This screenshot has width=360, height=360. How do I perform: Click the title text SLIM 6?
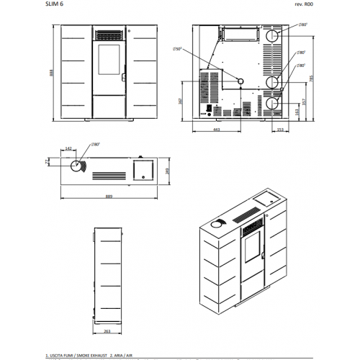(x=53, y=5)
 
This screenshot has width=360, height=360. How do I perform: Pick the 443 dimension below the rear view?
(x=217, y=130)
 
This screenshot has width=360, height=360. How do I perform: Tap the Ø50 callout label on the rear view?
(x=177, y=49)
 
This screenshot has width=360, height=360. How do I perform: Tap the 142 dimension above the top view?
(x=68, y=148)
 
